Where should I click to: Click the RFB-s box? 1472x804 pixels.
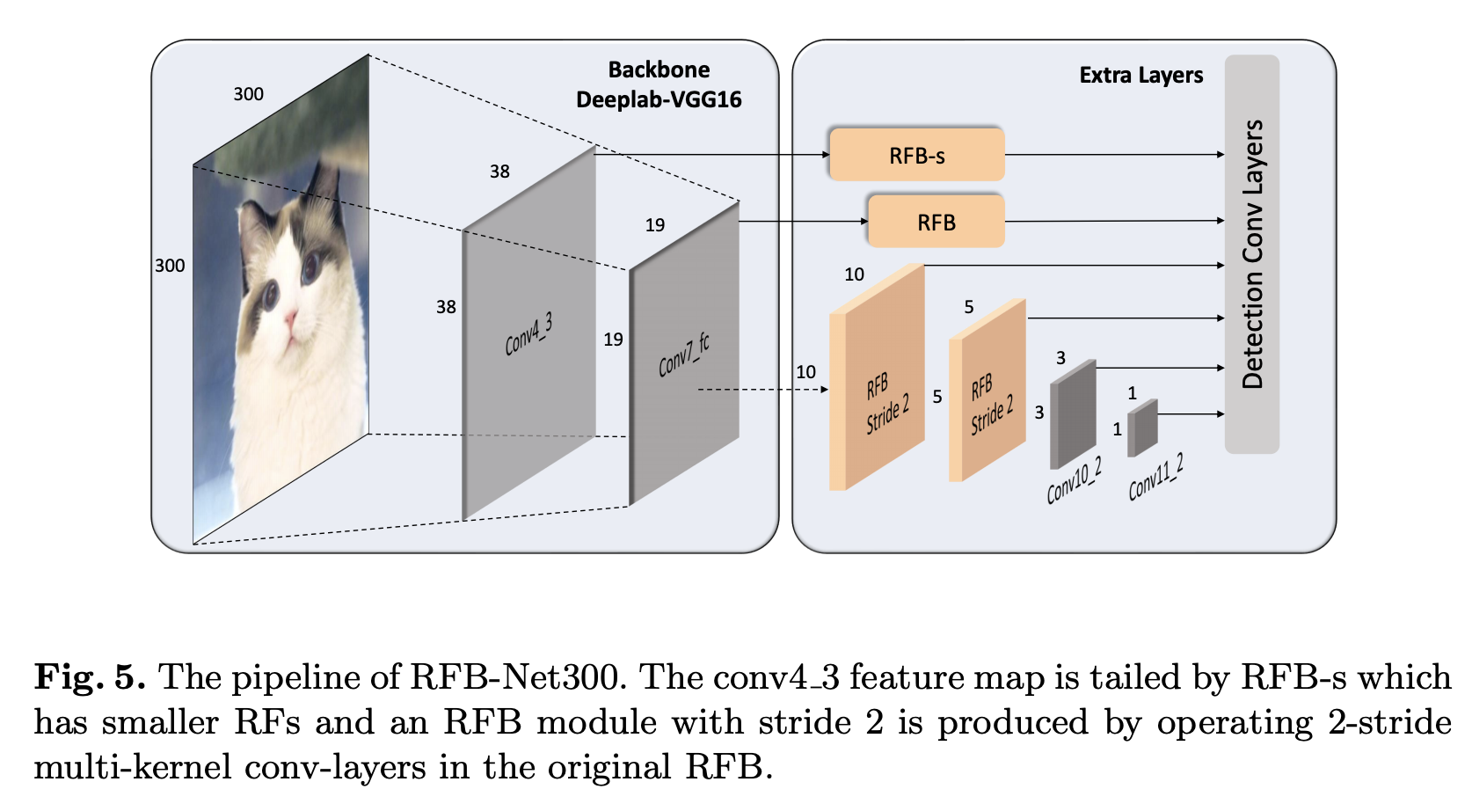[x=916, y=155]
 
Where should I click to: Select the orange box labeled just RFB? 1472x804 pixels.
[x=936, y=222]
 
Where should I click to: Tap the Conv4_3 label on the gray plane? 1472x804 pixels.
[x=528, y=334]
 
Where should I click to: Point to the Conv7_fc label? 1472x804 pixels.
[x=683, y=354]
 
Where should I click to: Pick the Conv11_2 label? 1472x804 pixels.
[x=1155, y=477]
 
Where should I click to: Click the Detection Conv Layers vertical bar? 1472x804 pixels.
[x=1251, y=254]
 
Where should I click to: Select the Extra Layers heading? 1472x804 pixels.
[x=1140, y=76]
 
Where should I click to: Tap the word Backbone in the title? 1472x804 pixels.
[x=659, y=69]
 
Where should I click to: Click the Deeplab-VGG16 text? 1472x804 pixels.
[x=659, y=99]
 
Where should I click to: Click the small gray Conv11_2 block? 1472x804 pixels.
[x=1143, y=428]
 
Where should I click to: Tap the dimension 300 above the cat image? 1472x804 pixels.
[x=248, y=94]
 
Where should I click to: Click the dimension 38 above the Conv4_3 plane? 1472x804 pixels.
[x=499, y=172]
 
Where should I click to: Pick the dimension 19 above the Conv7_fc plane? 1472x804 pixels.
[x=655, y=225]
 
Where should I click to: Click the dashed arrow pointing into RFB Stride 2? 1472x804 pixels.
[x=762, y=389]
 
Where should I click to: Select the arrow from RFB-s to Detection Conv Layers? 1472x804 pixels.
[x=1113, y=155]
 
